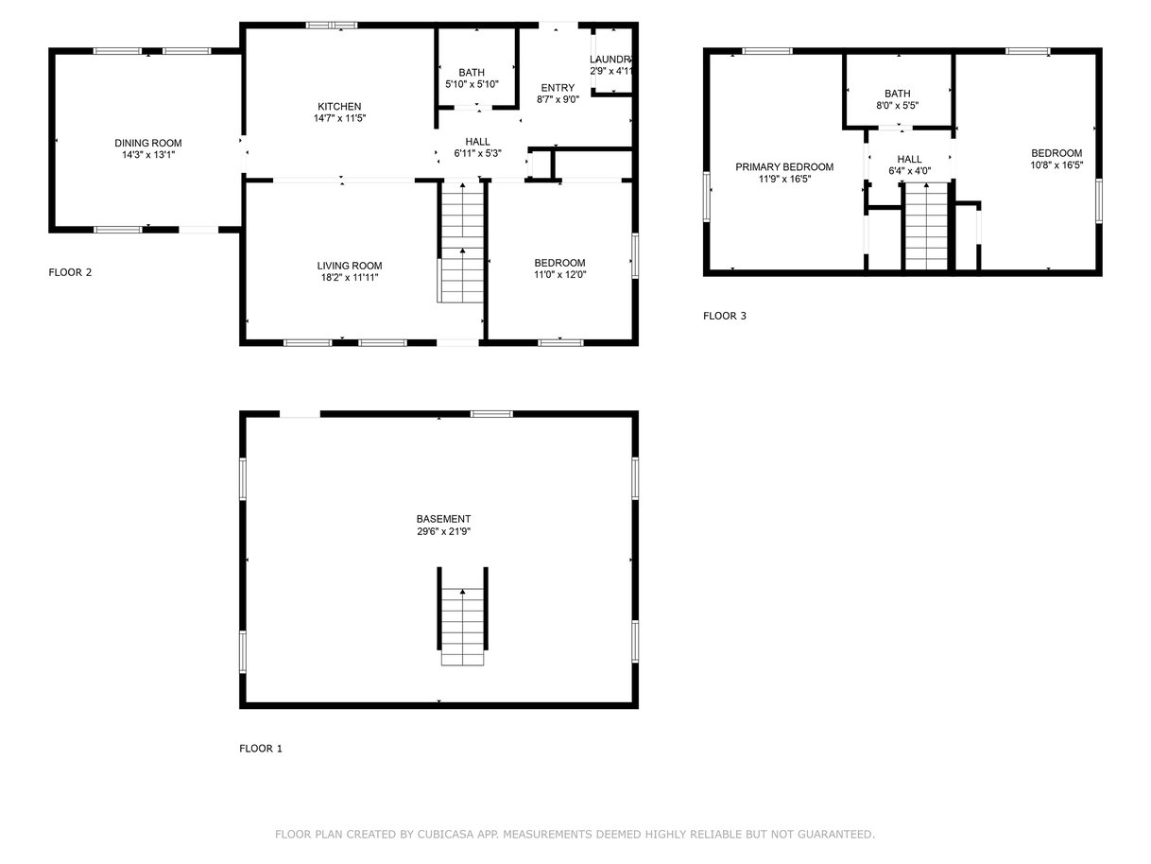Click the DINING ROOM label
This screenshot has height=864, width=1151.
[147, 143]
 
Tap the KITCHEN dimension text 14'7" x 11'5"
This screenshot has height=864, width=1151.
[339, 118]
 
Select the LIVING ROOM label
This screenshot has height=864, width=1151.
[350, 266]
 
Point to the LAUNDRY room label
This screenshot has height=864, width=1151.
[610, 60]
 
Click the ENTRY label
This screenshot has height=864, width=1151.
[558, 88]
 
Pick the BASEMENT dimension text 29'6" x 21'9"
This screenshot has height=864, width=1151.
[443, 531]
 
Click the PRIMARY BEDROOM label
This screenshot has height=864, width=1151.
[784, 166]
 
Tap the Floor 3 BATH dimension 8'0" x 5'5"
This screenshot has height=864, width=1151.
[897, 105]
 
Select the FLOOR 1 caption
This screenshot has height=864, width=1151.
[261, 748]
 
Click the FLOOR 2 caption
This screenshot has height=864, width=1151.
[70, 271]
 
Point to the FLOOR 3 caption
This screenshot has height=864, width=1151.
[724, 316]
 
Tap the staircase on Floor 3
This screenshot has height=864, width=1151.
[926, 226]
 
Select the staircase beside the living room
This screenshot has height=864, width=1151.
[461, 242]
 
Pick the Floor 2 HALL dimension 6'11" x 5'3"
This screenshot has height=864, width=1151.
[477, 153]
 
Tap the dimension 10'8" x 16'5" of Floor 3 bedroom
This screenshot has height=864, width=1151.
[1057, 164]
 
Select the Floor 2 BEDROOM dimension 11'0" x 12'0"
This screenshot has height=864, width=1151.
[559, 274]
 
